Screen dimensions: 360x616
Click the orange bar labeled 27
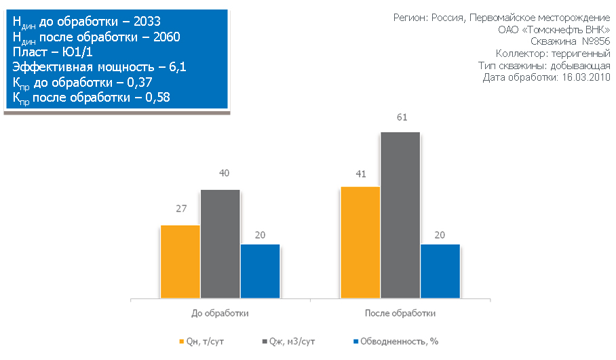point(180,262)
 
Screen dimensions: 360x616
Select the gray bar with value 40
point(220,244)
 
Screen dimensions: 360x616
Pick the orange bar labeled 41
point(360,242)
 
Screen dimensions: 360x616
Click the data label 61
point(401,118)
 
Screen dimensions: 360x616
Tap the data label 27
point(181,209)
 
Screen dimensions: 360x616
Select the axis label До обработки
point(220,314)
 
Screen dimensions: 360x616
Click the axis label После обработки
point(400,314)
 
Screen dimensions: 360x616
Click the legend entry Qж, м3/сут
point(288,342)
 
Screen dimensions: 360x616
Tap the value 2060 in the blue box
point(166,37)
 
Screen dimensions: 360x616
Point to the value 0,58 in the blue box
point(155,98)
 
